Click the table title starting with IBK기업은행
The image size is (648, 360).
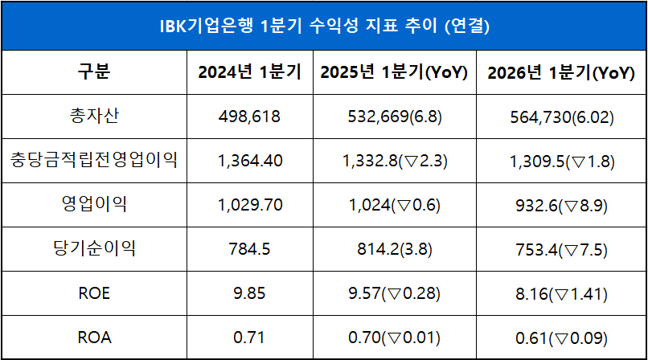pyautogui.click(x=324, y=26)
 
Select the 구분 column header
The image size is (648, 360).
pyautogui.click(x=93, y=72)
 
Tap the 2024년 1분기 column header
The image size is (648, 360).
pyautogui.click(x=249, y=72)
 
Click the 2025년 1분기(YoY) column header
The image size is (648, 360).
pyautogui.click(x=394, y=72)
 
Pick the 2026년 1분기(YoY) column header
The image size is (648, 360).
pyautogui.click(x=561, y=72)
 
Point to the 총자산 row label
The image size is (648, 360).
pyautogui.click(x=93, y=117)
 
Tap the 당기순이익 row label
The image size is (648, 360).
pyautogui.click(x=93, y=248)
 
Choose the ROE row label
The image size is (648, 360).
pyautogui.click(x=93, y=293)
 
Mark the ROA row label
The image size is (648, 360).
pyautogui.click(x=93, y=337)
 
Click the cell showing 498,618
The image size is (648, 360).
pyautogui.click(x=249, y=117)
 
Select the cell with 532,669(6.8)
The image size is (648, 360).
pyautogui.click(x=394, y=117)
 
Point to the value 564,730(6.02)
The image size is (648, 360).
pyautogui.click(x=561, y=117)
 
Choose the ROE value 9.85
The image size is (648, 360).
pyautogui.click(x=249, y=293)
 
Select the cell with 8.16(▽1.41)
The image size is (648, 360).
pyautogui.click(x=561, y=293)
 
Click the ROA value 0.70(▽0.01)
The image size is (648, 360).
pyautogui.click(x=394, y=337)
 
